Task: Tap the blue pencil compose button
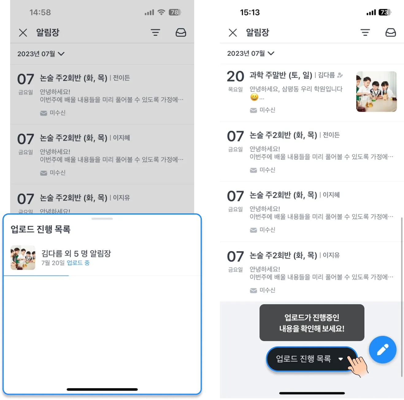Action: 382,349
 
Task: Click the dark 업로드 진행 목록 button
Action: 311,359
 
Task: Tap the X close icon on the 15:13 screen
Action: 233,33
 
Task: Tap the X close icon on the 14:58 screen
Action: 23,33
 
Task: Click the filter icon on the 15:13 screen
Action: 365,33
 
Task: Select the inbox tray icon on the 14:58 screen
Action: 180,33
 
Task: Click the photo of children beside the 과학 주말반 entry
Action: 376,91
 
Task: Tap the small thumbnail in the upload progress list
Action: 23,257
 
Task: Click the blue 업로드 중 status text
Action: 78,262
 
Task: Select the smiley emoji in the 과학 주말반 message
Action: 254,97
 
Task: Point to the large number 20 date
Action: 235,76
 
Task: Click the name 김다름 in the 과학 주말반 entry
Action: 326,75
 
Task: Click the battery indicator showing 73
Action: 384,12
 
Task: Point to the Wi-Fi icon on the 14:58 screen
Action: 161,12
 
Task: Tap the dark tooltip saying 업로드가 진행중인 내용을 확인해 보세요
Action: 312,322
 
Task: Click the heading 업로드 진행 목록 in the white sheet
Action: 40,229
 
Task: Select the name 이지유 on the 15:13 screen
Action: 331,255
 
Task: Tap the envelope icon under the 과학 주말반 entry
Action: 253,110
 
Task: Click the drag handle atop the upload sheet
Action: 102,219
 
